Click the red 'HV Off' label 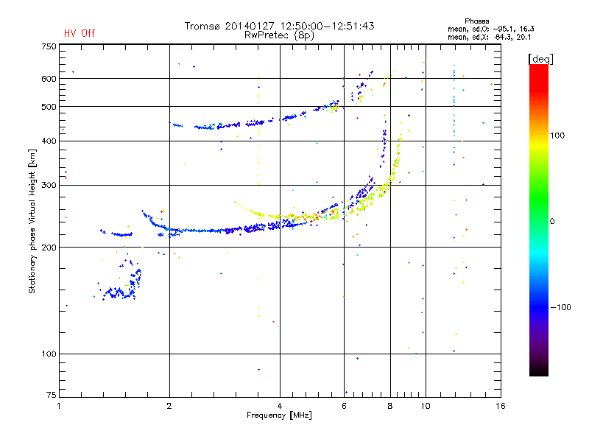click(79, 33)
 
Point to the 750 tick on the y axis click(49, 46)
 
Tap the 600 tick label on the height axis click(49, 79)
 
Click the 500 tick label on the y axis click(49, 107)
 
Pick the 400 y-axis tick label click(49, 141)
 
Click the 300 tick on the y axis click(49, 186)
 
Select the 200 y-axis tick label click(49, 248)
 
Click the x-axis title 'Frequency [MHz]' click(279, 415)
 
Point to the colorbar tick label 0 click(553, 221)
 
